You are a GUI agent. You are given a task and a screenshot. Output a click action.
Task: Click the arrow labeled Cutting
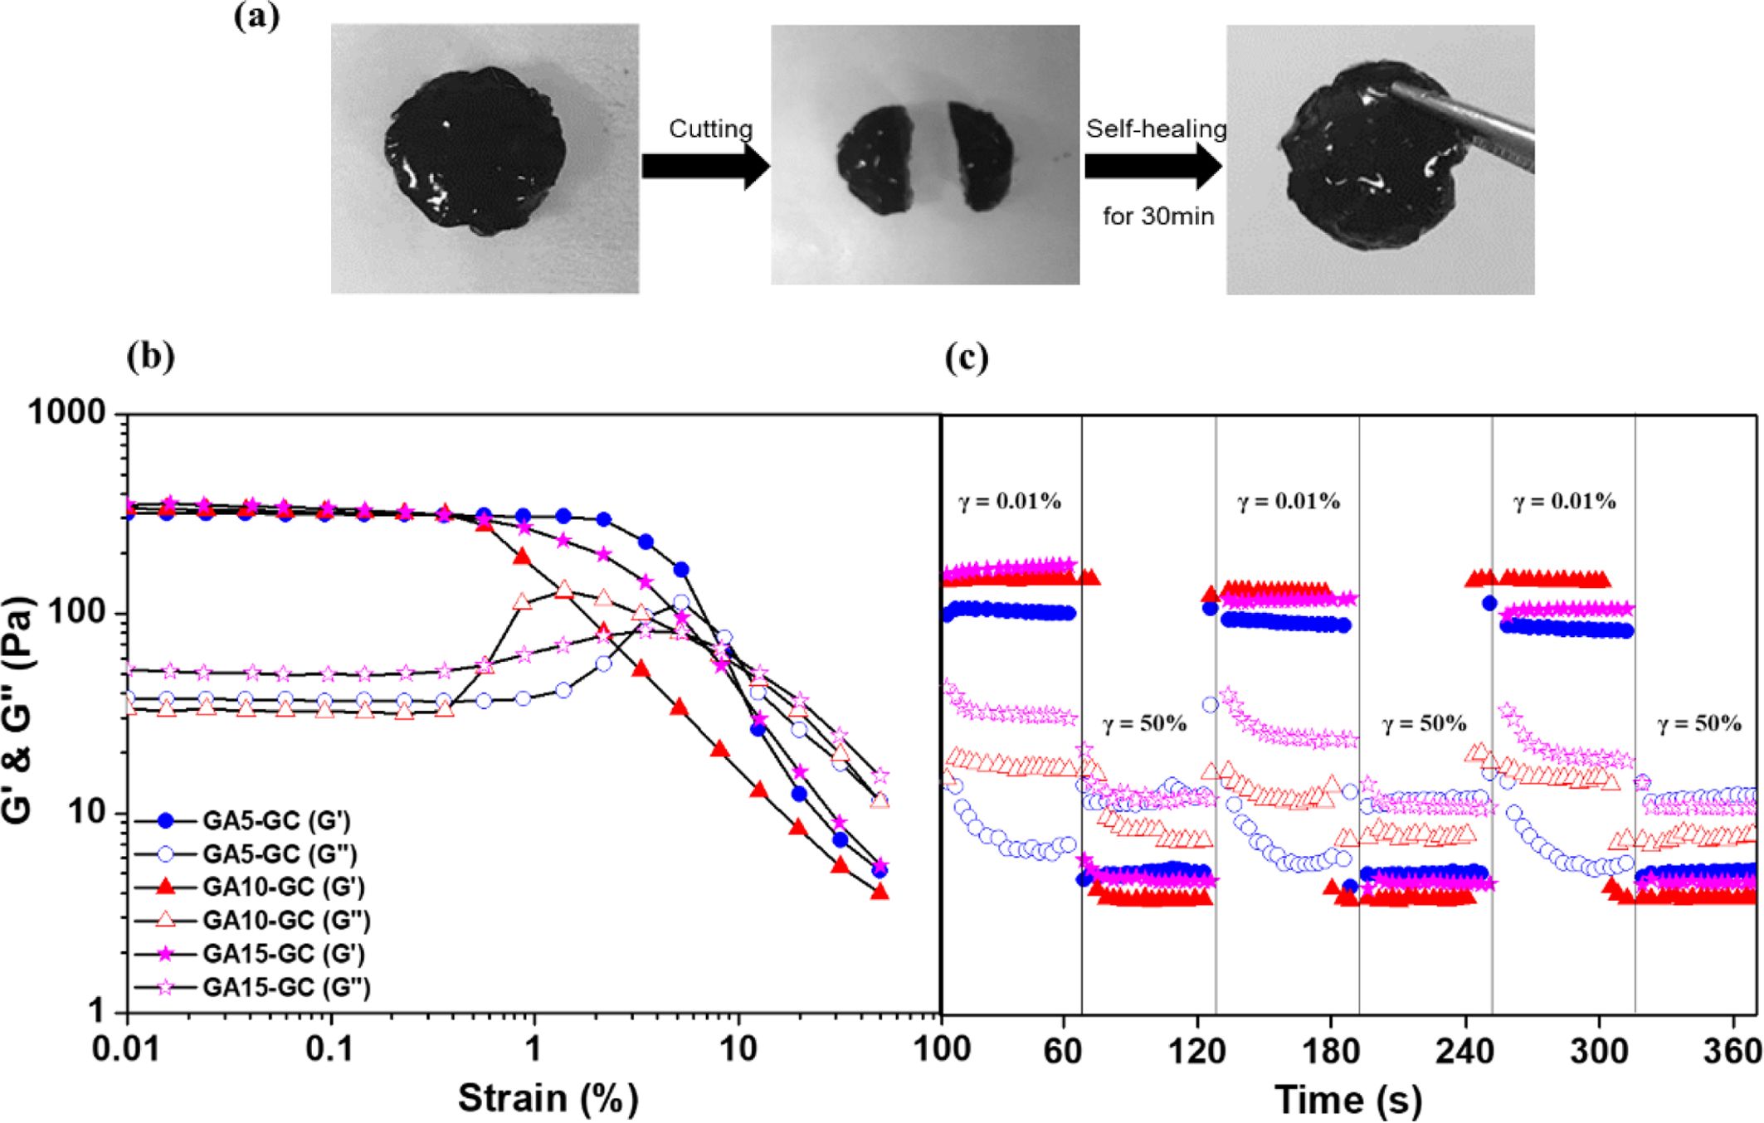pyautogui.click(x=705, y=166)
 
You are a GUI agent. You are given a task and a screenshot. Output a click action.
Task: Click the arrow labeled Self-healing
pyautogui.click(x=1152, y=166)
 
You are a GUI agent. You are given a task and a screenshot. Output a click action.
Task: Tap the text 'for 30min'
pyautogui.click(x=1158, y=216)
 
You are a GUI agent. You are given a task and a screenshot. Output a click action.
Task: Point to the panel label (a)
pyautogui.click(x=256, y=17)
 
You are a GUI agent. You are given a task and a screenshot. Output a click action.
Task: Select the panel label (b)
pyautogui.click(x=150, y=356)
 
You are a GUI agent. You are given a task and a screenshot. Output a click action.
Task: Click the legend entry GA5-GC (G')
pyautogui.click(x=275, y=820)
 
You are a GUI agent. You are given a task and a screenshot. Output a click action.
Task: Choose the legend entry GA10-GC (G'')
pyautogui.click(x=286, y=921)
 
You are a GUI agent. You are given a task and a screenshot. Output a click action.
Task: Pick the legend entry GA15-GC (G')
pyautogui.click(x=283, y=954)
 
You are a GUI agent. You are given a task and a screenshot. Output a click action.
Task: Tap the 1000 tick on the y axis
pyautogui.click(x=68, y=412)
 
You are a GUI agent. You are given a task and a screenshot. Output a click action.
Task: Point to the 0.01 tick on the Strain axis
pyautogui.click(x=127, y=1049)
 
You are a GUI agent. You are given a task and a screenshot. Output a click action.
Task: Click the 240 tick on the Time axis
pyautogui.click(x=1464, y=1051)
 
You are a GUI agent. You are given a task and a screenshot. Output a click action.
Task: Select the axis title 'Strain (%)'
pyautogui.click(x=548, y=1098)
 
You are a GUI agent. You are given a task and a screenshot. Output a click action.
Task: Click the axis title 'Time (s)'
pyautogui.click(x=1348, y=1100)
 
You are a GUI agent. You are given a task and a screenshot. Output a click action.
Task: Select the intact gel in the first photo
pyautogui.click(x=475, y=151)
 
